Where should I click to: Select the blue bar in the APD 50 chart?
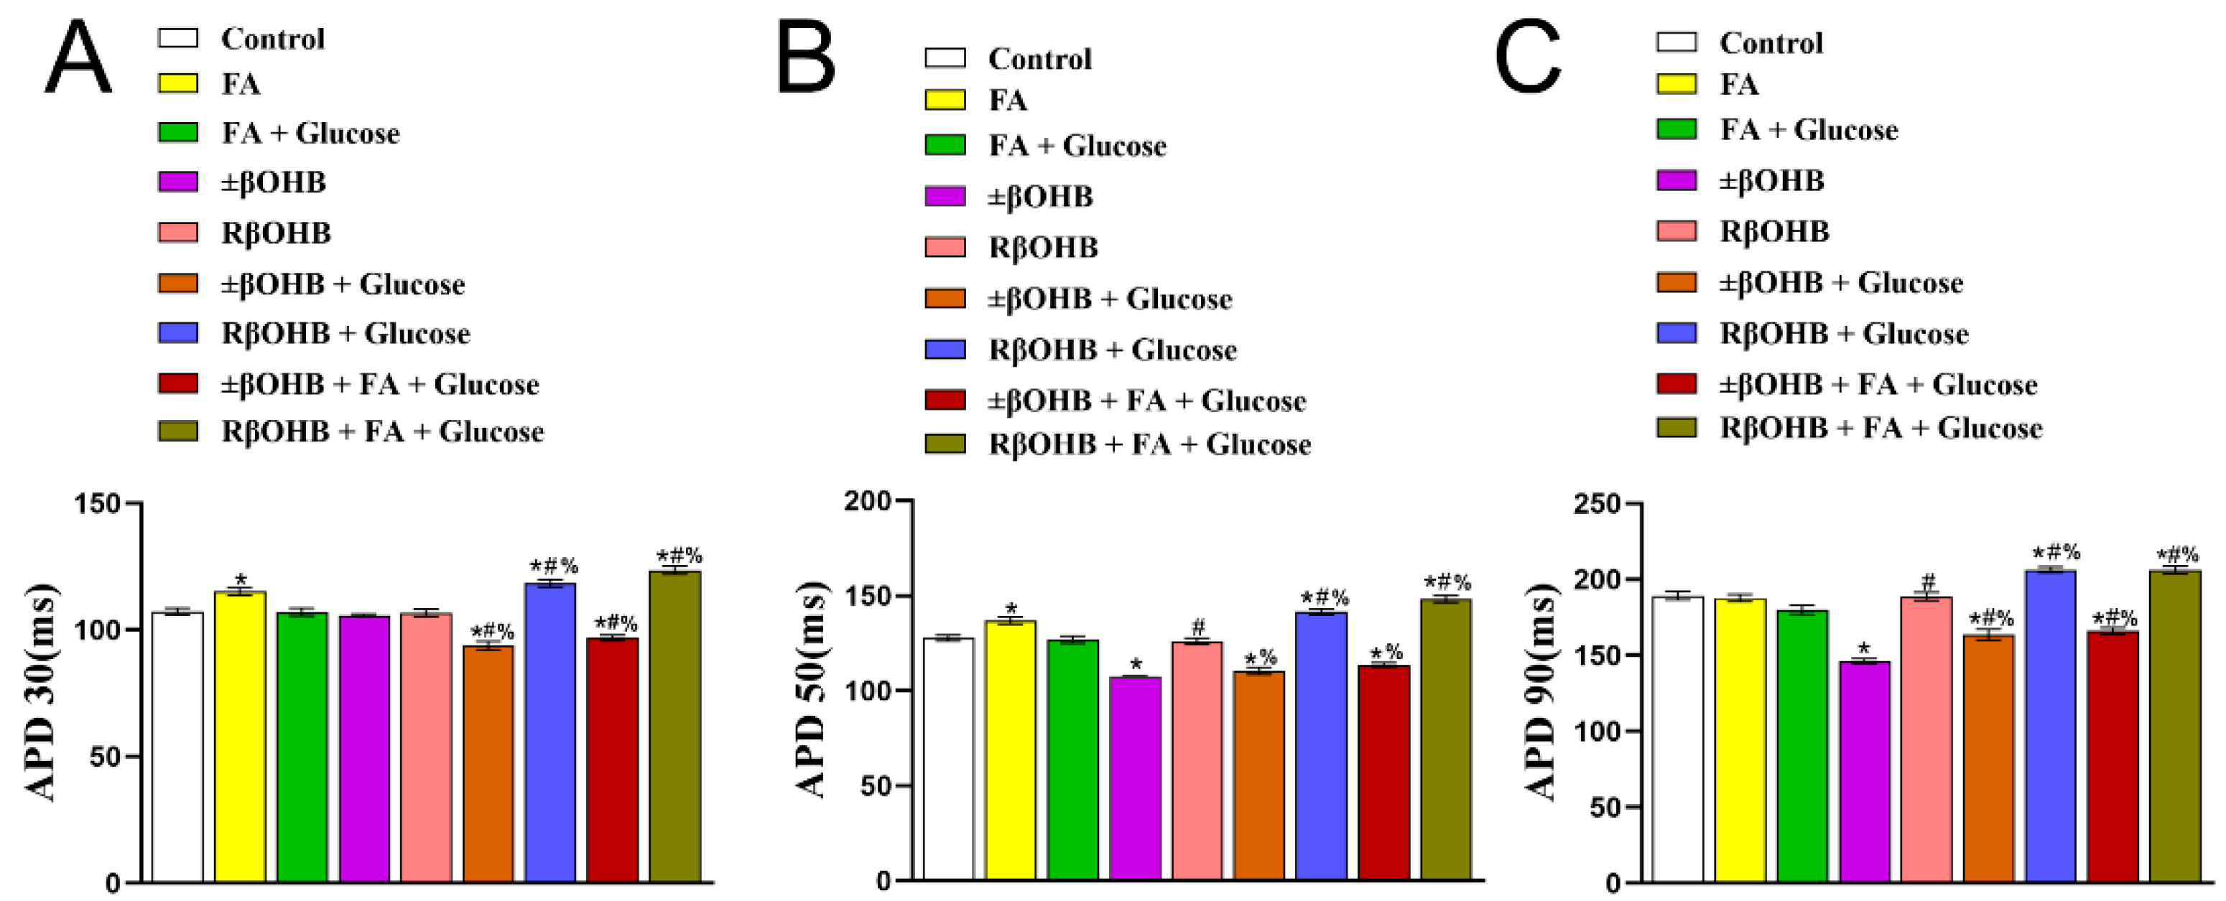[x=1320, y=747]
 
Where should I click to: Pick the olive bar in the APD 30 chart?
[x=675, y=727]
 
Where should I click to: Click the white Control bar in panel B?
[x=948, y=760]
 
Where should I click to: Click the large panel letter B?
[x=805, y=58]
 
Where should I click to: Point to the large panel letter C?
[x=1527, y=58]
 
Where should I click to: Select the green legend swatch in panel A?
[x=178, y=132]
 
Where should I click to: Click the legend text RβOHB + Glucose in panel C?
[x=1844, y=333]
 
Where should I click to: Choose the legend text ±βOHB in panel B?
[x=1040, y=197]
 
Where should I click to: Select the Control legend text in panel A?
[x=273, y=39]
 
